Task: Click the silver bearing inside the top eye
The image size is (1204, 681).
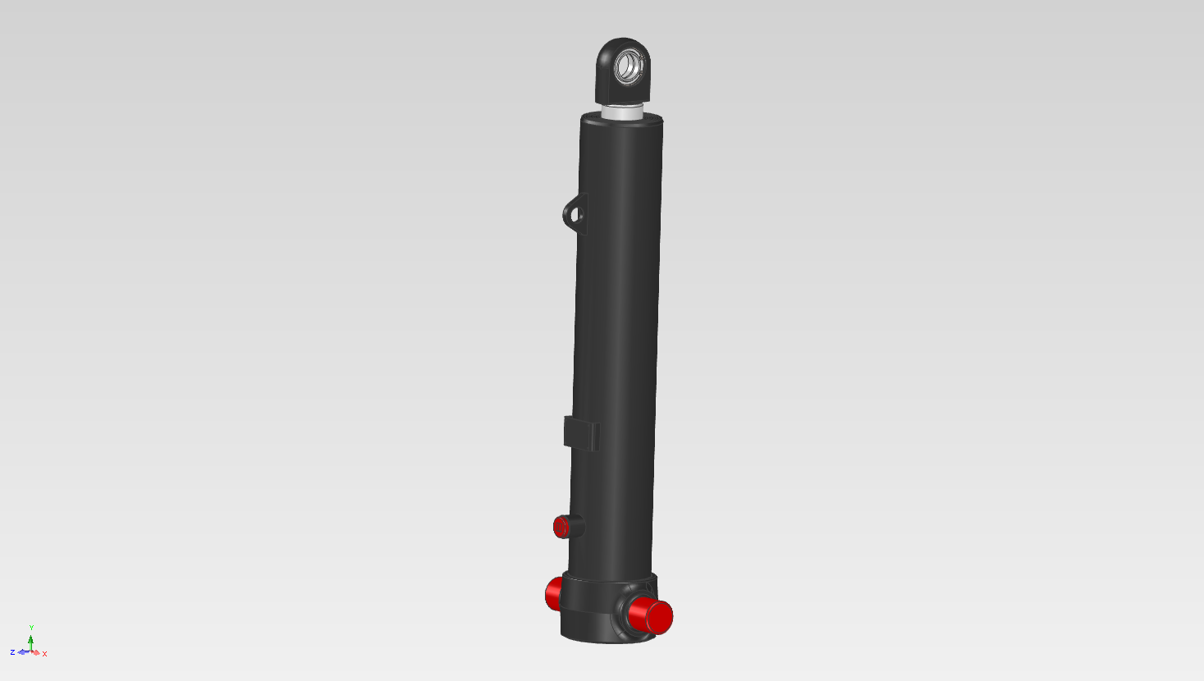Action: click(629, 66)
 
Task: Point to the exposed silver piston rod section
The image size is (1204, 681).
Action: click(622, 112)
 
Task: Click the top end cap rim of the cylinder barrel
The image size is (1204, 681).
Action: click(622, 120)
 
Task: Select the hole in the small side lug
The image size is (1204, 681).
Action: click(575, 216)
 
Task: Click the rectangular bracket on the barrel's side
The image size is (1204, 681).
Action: click(582, 433)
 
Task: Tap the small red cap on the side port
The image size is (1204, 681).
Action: click(561, 528)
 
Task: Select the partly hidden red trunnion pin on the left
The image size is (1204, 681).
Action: click(553, 593)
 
